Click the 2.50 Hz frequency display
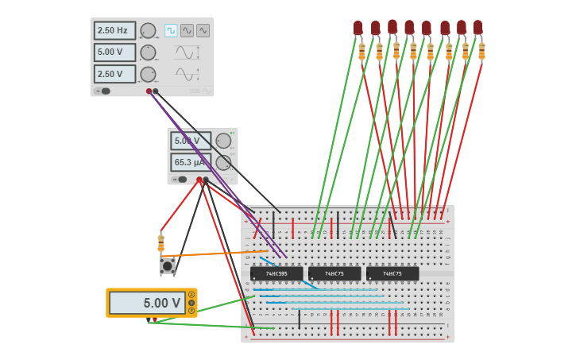114,31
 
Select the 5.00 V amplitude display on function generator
114,52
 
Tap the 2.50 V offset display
114,74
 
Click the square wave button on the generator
171,30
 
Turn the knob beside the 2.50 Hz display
148,31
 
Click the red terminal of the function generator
149,91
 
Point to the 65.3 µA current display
190,162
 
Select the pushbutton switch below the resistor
168,266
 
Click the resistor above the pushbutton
160,242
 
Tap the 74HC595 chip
276,273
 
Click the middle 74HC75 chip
334,273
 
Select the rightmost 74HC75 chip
392,273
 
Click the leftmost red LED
358,28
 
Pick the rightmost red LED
477,27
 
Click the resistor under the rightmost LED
481,51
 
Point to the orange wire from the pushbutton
222,254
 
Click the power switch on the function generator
103,91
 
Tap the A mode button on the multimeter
191,295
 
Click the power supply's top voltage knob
223,141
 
